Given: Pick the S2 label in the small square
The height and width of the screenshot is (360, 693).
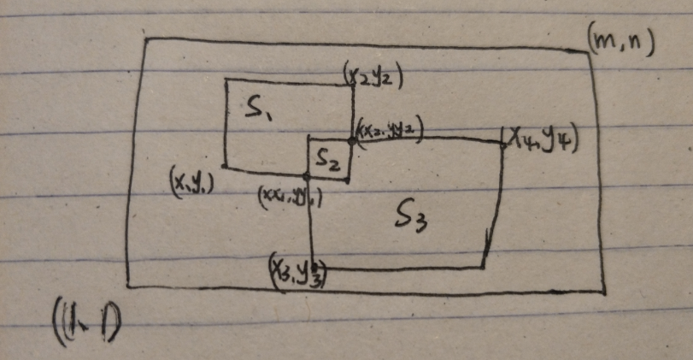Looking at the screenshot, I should click(327, 158).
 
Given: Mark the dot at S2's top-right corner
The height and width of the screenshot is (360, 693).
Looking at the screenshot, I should click(351, 139).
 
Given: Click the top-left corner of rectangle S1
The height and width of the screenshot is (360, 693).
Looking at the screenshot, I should click(226, 80).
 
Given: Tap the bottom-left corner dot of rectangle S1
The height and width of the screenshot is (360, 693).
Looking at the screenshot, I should click(224, 166).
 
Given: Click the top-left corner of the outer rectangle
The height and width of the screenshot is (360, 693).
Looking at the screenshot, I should click(146, 38).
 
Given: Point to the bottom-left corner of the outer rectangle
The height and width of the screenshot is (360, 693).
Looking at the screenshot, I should click(127, 286).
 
